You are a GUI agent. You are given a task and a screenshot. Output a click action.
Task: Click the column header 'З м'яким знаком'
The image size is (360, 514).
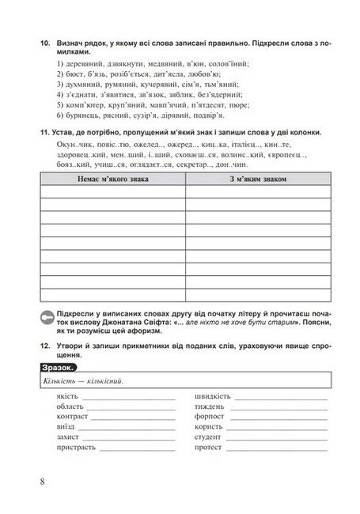tap(258, 180)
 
